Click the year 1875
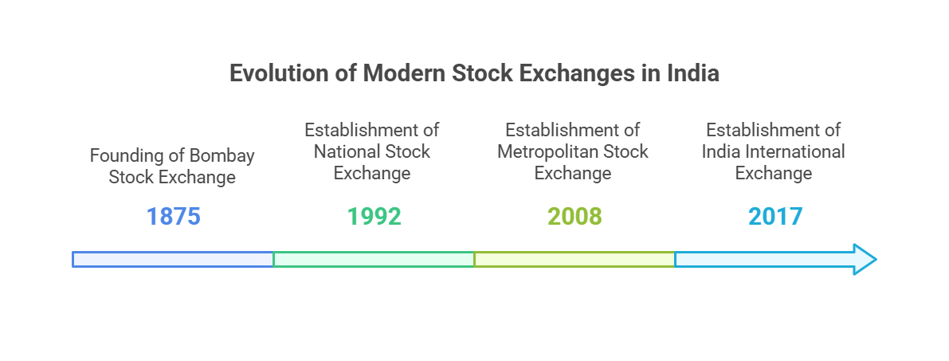[173, 216]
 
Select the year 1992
[374, 216]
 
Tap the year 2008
[574, 216]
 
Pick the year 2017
[775, 216]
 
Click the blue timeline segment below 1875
[173, 259]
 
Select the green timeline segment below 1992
[374, 259]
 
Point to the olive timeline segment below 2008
[574, 259]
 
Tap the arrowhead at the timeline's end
[865, 259]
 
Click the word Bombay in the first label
[222, 156]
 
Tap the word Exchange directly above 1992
[372, 174]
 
